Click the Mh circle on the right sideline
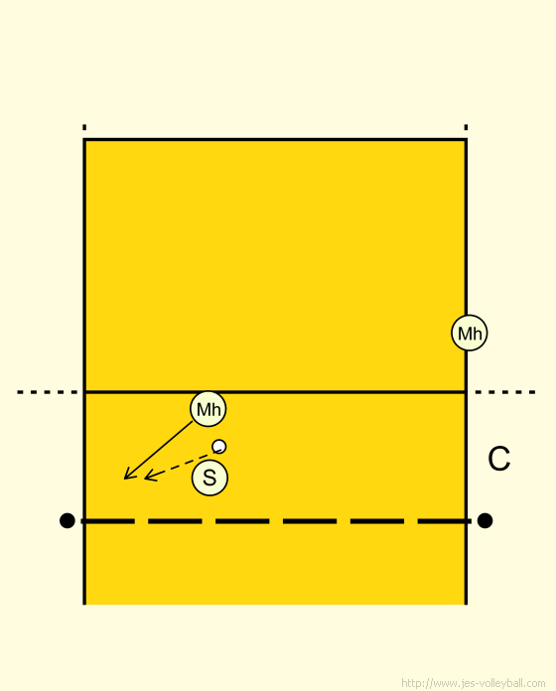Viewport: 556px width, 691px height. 470,333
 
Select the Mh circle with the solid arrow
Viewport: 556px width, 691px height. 208,409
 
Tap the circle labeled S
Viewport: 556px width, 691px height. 209,478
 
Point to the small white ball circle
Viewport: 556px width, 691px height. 219,447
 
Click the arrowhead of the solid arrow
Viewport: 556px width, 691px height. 125,479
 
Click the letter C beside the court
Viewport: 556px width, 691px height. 498,459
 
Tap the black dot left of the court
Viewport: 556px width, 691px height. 67,520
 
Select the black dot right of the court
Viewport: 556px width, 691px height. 485,520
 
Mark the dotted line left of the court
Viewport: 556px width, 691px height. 47,392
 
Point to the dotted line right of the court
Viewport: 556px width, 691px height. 505,392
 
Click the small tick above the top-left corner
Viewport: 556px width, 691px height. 84,127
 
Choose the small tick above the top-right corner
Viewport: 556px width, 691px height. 466,127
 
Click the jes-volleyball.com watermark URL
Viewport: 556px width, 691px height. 474,683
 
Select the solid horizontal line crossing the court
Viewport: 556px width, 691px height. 275,392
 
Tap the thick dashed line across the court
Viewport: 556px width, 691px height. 275,521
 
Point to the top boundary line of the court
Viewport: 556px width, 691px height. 275,140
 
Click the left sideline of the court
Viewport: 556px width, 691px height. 84,371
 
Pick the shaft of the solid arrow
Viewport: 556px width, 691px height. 159,451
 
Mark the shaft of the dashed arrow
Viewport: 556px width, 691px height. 182,464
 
